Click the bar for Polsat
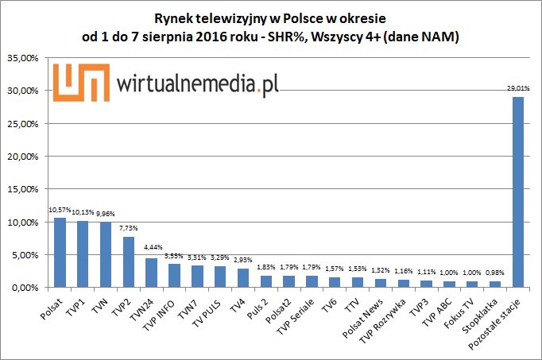pyautogui.click(x=60, y=252)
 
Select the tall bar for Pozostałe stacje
pyautogui.click(x=518, y=192)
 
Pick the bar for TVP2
pyautogui.click(x=129, y=261)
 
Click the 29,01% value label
pyautogui.click(x=518, y=87)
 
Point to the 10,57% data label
pyautogui.click(x=60, y=210)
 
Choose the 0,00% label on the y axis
pyautogui.click(x=27, y=287)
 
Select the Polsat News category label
pyautogui.click(x=370, y=314)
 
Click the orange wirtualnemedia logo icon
pyautogui.click(x=80, y=81)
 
